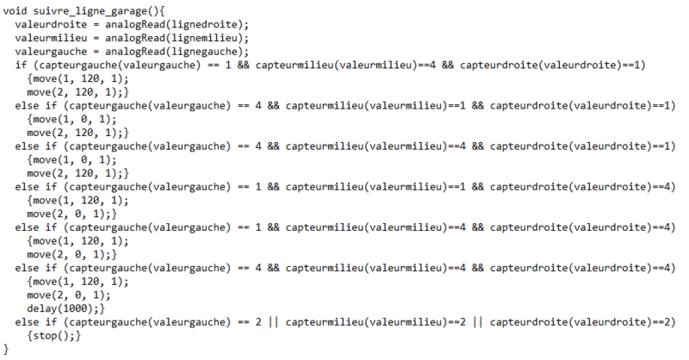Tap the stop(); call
click(54, 333)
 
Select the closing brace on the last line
click(7, 346)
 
